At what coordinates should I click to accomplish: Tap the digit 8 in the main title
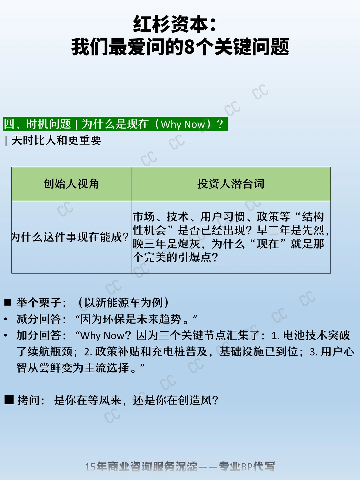(x=189, y=47)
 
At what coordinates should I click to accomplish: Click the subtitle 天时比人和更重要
(x=56, y=140)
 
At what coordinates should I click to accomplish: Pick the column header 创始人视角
(x=71, y=184)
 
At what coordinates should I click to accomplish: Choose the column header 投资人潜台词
(x=231, y=184)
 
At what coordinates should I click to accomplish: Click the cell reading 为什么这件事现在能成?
(x=70, y=237)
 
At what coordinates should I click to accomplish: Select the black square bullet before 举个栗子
(x=8, y=302)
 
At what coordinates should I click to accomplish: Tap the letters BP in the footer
(x=247, y=466)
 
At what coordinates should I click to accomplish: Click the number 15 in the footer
(x=90, y=467)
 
